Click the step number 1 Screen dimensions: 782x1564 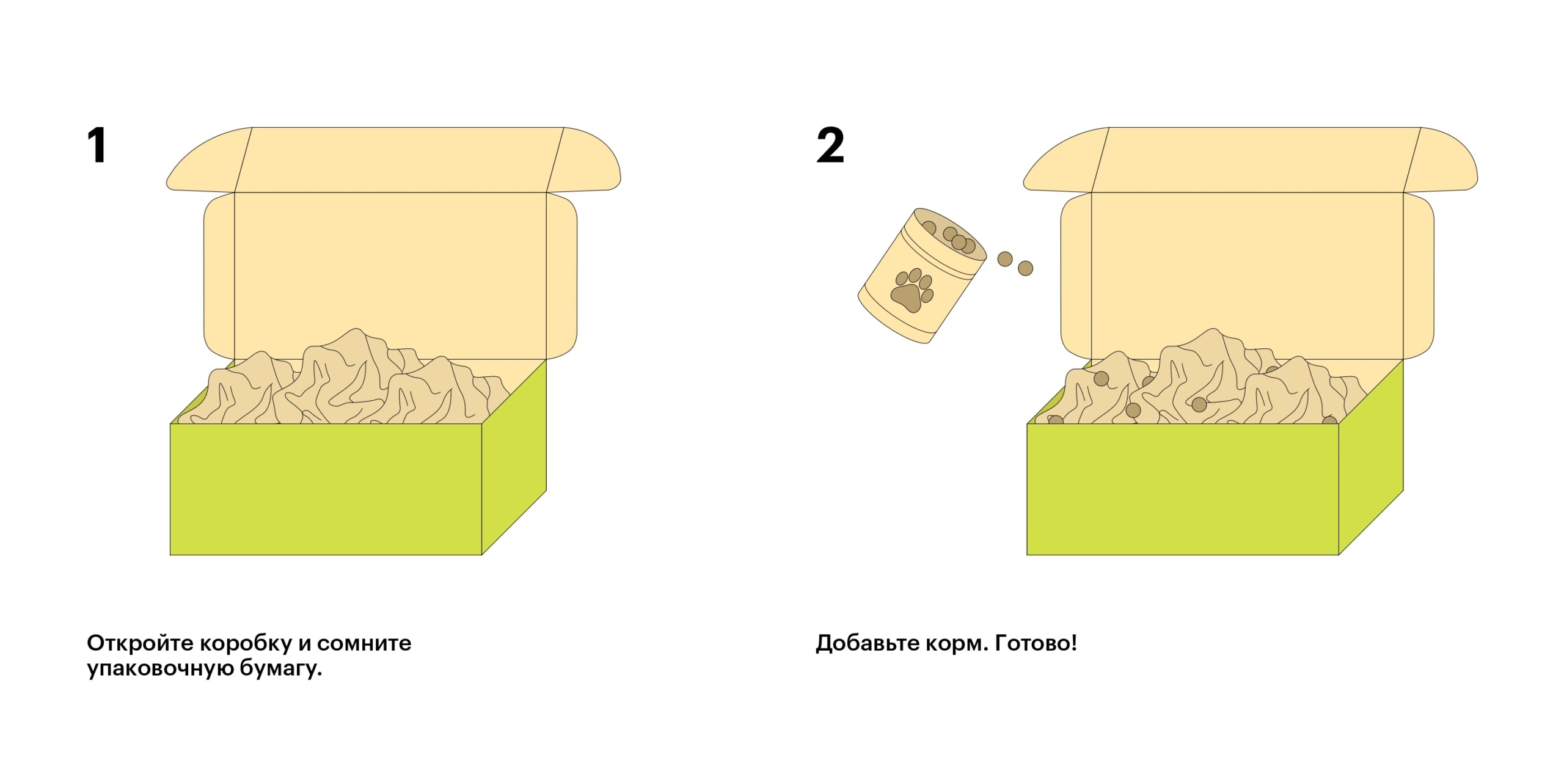pyautogui.click(x=97, y=145)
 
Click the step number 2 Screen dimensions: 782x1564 pyautogui.click(x=830, y=145)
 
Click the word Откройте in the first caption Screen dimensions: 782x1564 pyautogui.click(x=141, y=643)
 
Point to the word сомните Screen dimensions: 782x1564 pyautogui.click(x=364, y=643)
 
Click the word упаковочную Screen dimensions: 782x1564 pyautogui.click(x=160, y=668)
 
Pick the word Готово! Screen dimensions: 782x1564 pyautogui.click(x=1036, y=643)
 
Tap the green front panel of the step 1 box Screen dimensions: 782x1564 pyautogui.click(x=326, y=489)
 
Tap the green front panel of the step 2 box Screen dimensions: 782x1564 pyautogui.click(x=1183, y=489)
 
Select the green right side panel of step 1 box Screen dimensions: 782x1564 pyautogui.click(x=514, y=458)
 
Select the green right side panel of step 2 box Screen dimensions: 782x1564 pyautogui.click(x=1372, y=458)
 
